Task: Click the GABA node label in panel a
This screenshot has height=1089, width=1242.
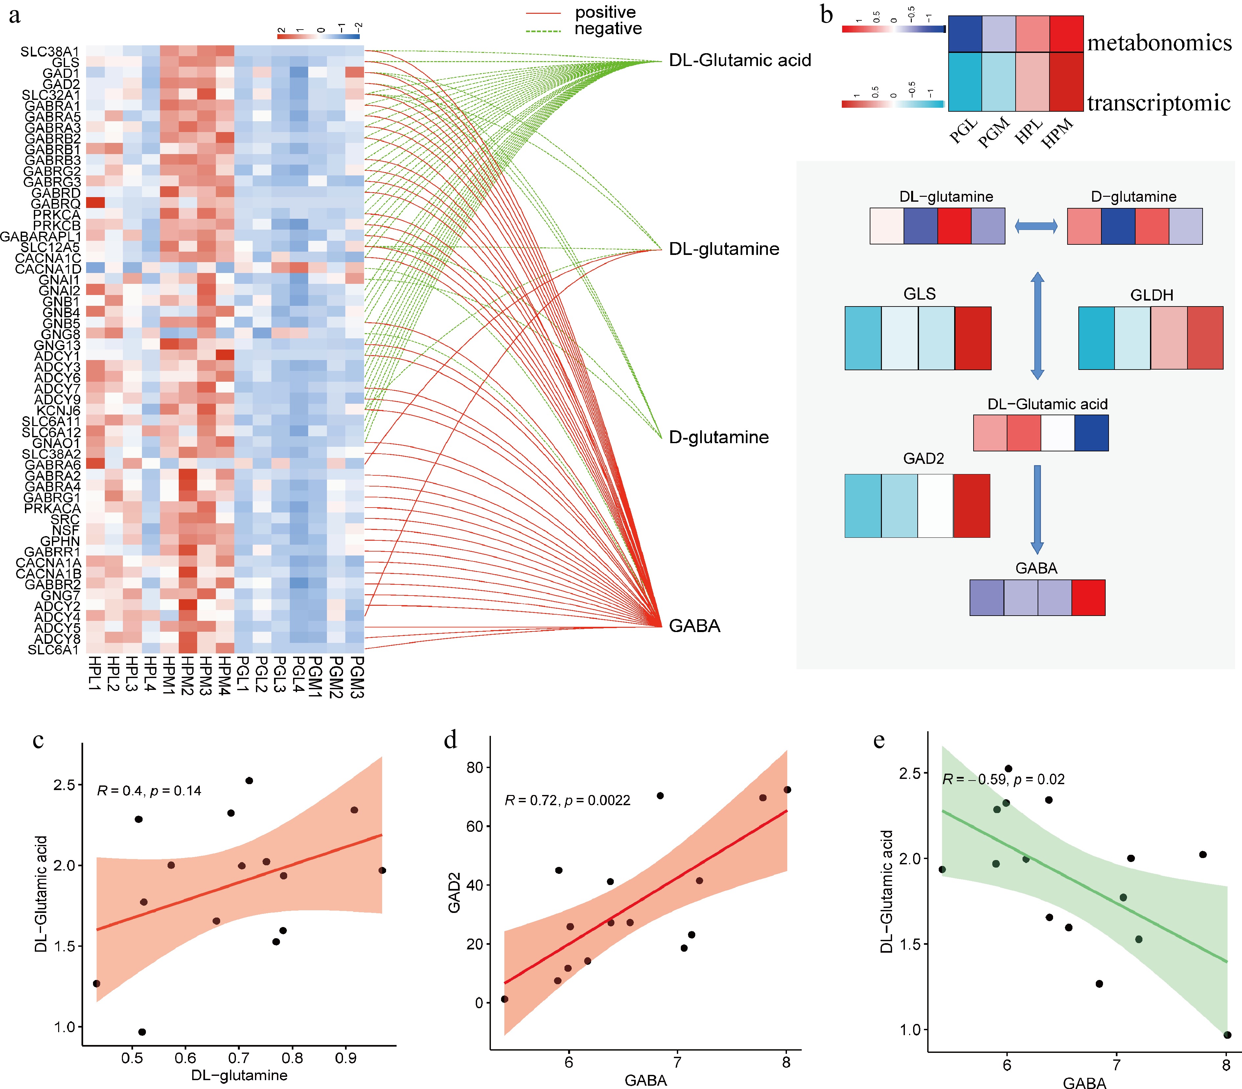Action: (x=694, y=626)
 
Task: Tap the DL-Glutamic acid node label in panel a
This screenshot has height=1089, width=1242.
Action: (x=740, y=60)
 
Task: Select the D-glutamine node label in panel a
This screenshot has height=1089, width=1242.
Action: (x=718, y=437)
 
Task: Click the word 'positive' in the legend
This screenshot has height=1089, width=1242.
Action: (x=605, y=12)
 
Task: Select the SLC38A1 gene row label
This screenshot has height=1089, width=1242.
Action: (x=50, y=52)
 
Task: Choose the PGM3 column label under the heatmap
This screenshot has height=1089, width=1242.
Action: (x=357, y=677)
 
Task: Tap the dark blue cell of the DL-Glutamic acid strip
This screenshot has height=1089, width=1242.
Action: (x=1091, y=433)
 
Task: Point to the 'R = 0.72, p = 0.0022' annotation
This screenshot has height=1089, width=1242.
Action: (x=567, y=801)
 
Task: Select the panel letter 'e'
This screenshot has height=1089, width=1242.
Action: (x=879, y=741)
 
